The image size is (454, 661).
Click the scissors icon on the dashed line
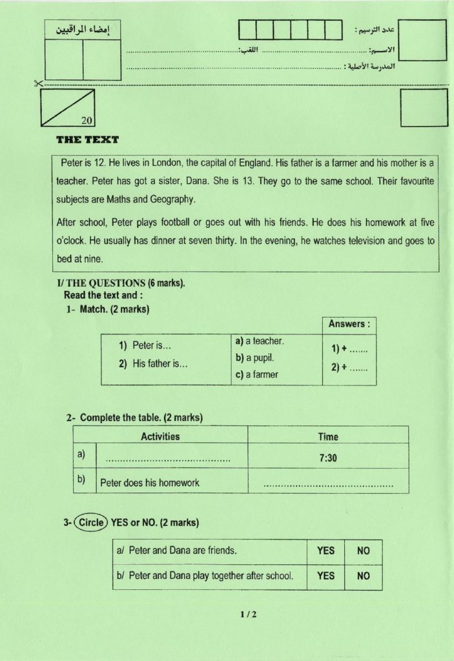click(x=37, y=83)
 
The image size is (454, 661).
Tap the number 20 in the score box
click(x=87, y=119)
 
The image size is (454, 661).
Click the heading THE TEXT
click(x=87, y=139)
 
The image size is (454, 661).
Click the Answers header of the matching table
click(x=349, y=324)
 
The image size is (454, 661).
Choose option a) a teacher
click(x=260, y=341)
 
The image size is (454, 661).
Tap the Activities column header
click(x=160, y=436)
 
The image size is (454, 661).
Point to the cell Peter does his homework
click(x=149, y=482)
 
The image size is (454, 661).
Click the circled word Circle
click(x=90, y=522)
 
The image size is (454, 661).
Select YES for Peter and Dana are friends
click(x=325, y=551)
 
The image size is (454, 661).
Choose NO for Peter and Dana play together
click(x=363, y=576)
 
